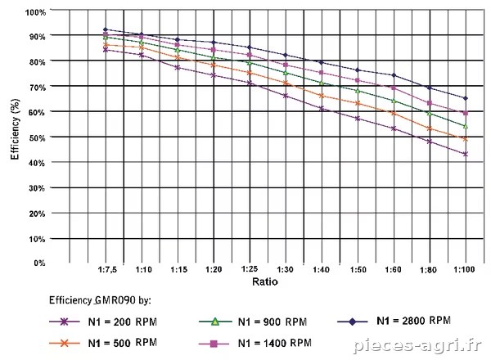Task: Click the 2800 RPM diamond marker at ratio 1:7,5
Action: pos(106,29)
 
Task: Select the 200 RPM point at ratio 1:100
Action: pos(466,154)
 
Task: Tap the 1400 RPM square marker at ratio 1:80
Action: pos(430,103)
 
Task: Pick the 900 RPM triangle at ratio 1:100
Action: pos(466,126)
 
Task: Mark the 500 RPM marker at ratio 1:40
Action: pos(322,96)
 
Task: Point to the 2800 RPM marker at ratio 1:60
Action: pos(394,75)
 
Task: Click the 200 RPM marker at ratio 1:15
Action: pos(178,67)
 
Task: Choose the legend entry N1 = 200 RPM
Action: pos(103,322)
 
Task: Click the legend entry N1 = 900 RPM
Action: pos(253,322)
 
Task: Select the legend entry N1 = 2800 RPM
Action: pos(394,321)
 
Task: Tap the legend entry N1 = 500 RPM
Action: pos(103,343)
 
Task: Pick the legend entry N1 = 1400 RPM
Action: pos(255,344)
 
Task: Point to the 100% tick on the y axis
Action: pos(35,12)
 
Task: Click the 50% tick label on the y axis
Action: pos(37,137)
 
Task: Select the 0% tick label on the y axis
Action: pos(39,263)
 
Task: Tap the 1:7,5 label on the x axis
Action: pos(107,269)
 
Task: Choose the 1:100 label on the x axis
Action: pos(464,269)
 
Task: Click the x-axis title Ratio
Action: pos(265,281)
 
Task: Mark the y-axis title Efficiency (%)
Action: pos(15,129)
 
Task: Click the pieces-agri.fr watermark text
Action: pos(417,345)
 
